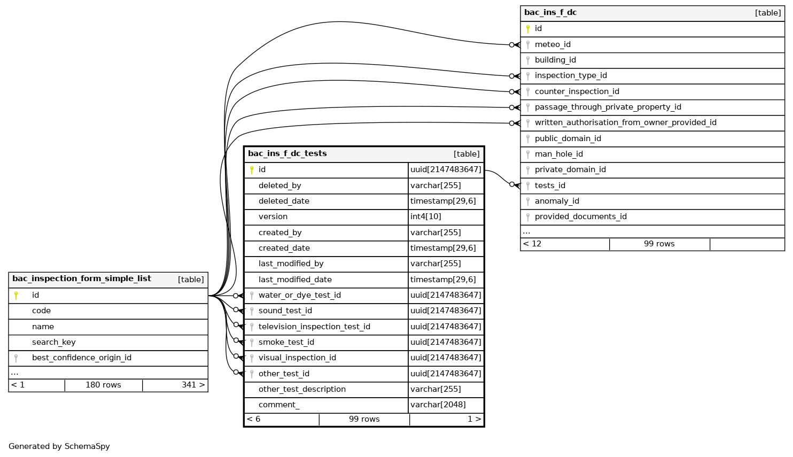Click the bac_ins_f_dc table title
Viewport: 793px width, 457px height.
point(550,13)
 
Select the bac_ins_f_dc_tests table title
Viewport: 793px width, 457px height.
point(287,154)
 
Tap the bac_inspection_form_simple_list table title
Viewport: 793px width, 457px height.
point(82,279)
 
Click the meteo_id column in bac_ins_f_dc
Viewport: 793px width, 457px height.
point(553,45)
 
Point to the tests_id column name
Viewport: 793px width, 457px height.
point(550,186)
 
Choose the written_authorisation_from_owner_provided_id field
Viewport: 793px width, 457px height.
point(625,123)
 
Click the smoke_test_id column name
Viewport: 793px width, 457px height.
point(286,343)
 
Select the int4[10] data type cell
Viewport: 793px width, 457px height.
point(426,217)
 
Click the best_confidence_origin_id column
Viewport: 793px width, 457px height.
point(81,358)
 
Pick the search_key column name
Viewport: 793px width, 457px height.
point(53,343)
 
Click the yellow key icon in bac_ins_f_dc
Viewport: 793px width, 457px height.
point(528,29)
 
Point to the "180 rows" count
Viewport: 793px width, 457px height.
point(103,385)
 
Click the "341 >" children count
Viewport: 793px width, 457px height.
point(193,385)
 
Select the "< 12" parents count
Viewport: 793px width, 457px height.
point(532,244)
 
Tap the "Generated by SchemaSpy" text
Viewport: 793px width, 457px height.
point(59,447)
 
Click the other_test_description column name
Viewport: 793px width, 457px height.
point(302,390)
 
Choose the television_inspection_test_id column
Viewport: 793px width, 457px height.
point(314,327)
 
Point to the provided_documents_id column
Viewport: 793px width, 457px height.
point(580,217)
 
